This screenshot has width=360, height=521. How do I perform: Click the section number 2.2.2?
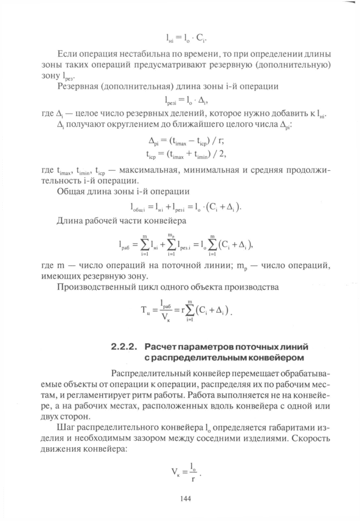[x=123, y=347]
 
